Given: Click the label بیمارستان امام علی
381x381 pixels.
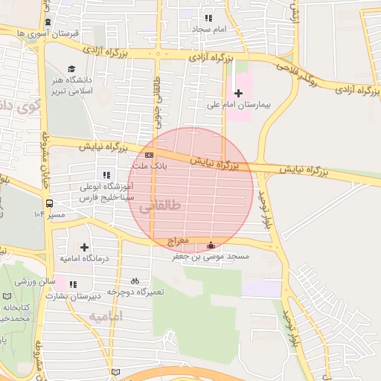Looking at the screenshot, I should [x=237, y=105].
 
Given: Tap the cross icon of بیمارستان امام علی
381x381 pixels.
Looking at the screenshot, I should [x=238, y=93].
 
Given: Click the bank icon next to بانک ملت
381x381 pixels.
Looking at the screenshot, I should [x=150, y=155].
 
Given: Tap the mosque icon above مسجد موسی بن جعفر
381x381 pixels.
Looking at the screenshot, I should [x=211, y=246].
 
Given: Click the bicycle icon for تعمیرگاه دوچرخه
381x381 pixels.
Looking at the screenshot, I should [x=135, y=281].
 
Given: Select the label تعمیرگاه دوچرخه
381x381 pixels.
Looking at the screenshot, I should [x=135, y=292].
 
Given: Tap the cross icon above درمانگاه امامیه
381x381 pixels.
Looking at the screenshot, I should [x=83, y=246].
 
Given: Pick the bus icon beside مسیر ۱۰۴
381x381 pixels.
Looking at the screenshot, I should [x=49, y=203].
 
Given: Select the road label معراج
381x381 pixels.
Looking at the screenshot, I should [x=198, y=241].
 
